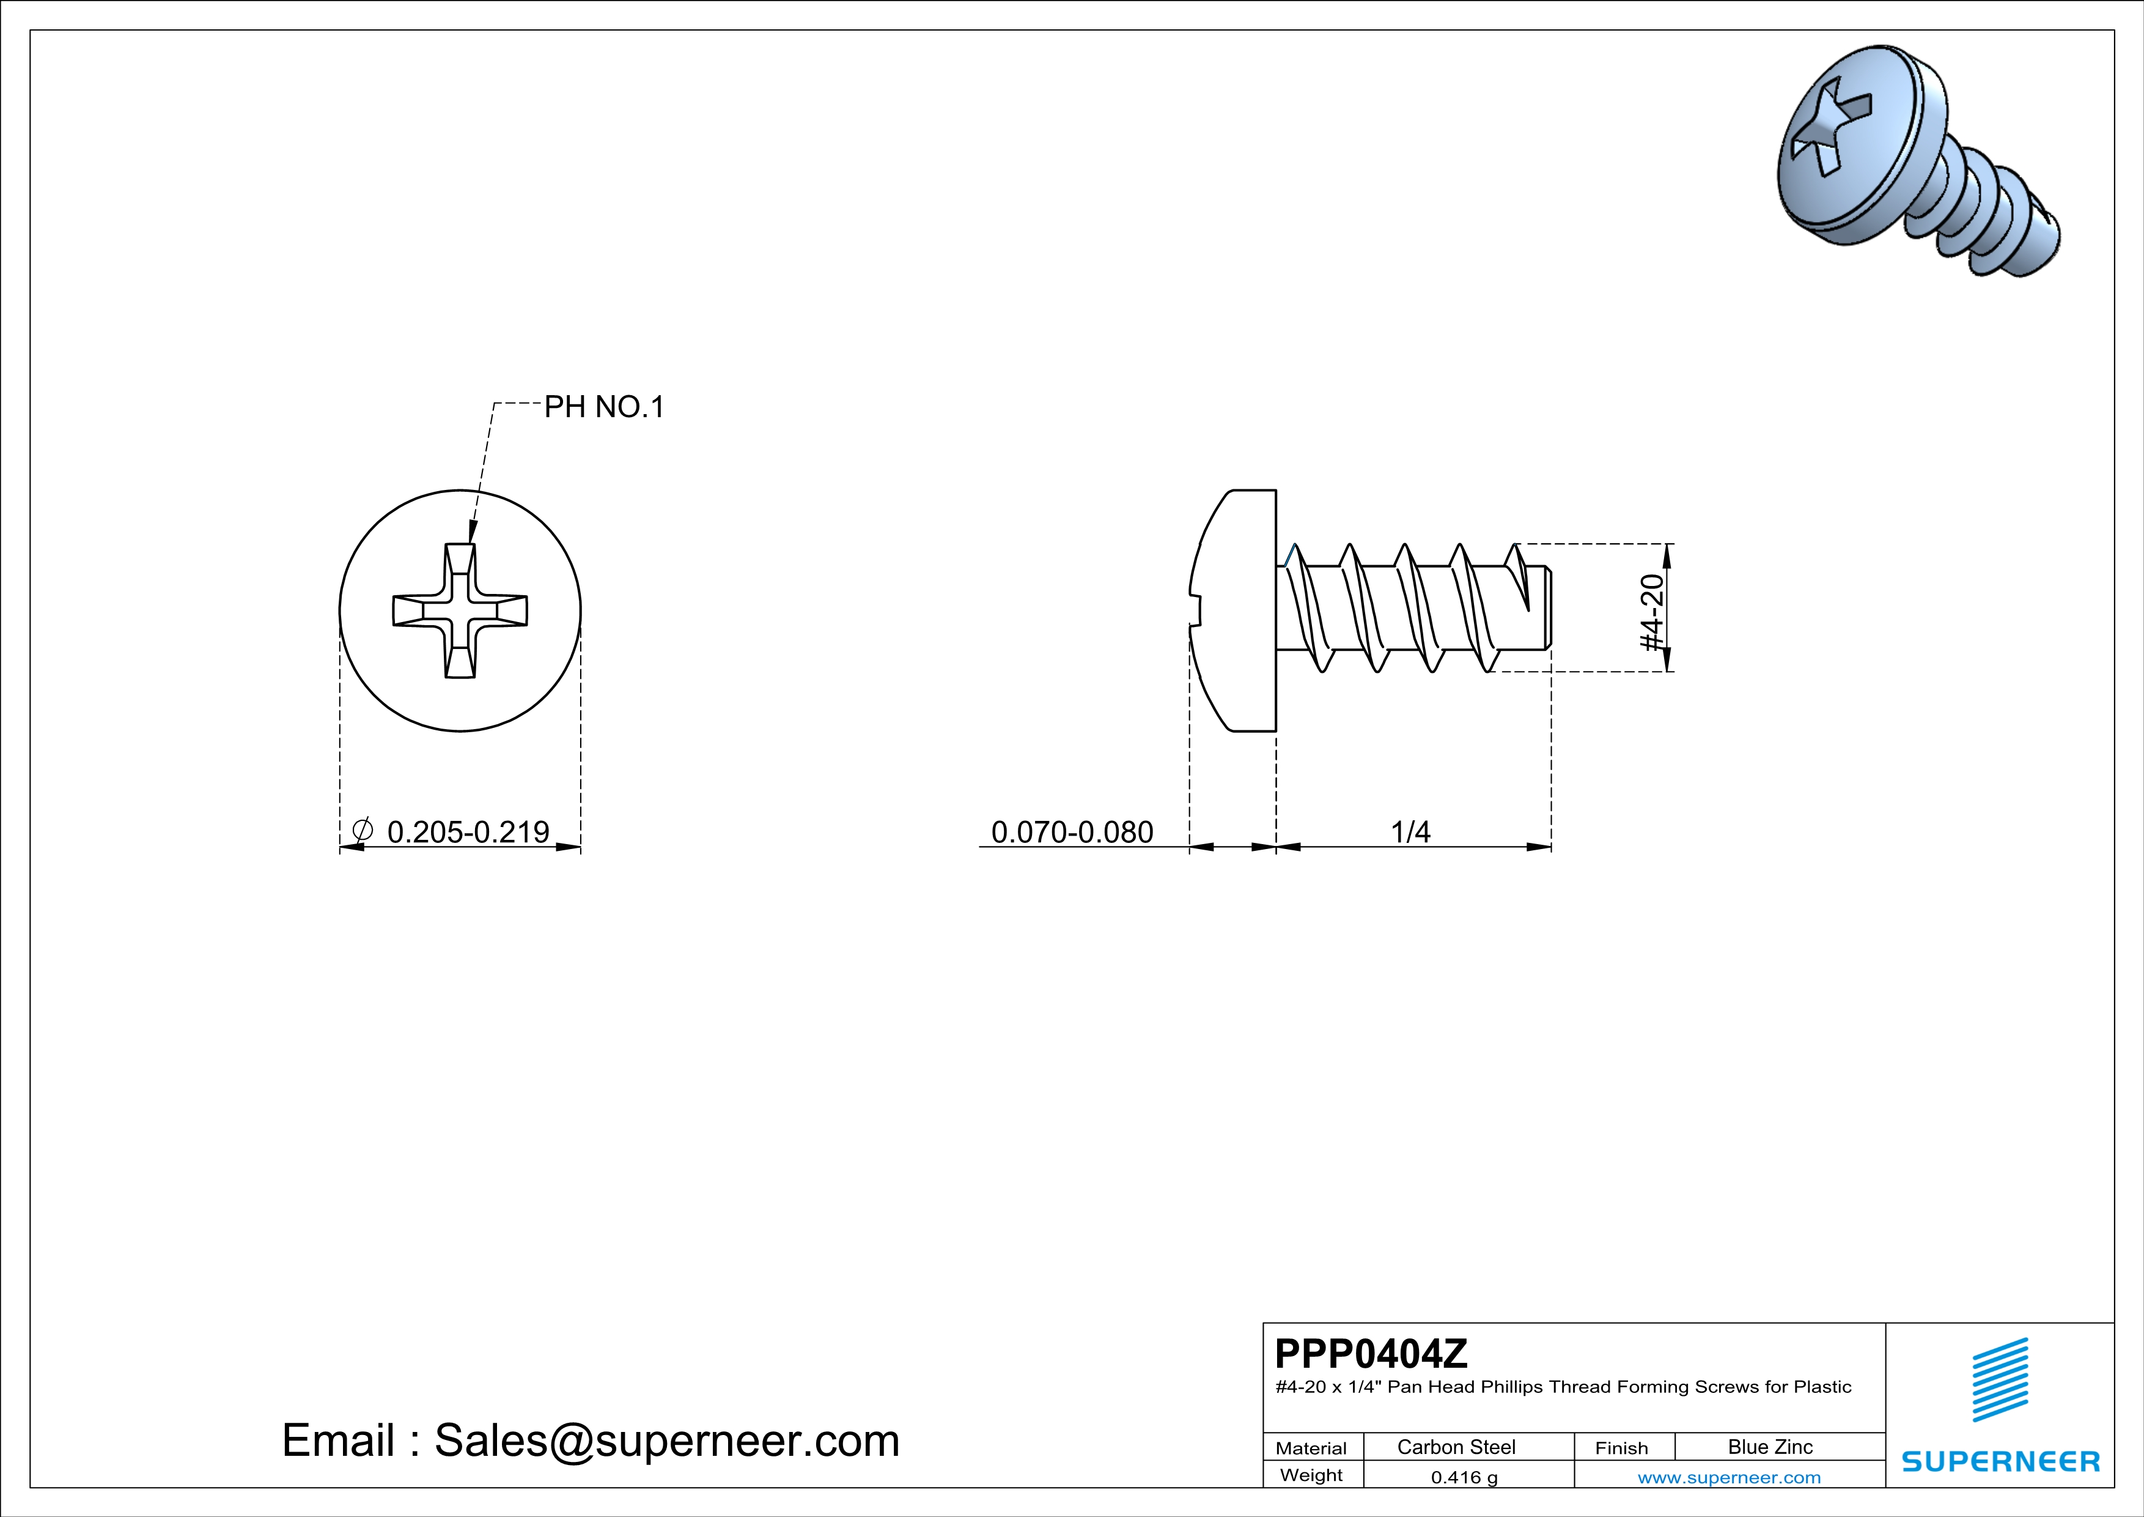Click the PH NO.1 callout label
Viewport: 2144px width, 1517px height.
pos(603,407)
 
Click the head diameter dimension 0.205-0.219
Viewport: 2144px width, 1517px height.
pos(468,831)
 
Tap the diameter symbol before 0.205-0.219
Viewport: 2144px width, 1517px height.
pos(363,829)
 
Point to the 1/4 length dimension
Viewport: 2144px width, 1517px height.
pos(1410,831)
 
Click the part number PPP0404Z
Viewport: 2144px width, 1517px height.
pos(1371,1354)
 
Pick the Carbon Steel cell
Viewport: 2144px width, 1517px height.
pos(1456,1447)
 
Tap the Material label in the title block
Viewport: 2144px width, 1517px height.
pos(1311,1448)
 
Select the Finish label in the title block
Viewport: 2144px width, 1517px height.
pos(1621,1448)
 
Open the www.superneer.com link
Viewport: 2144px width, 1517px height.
pos(1728,1477)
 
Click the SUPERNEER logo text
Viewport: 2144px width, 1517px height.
pos(2000,1461)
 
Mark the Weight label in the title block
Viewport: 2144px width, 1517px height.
pos(1311,1475)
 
